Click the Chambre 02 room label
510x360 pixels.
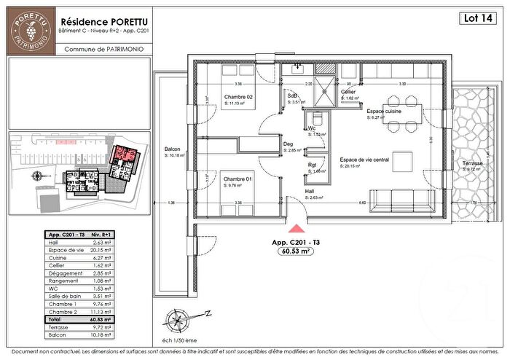click(x=238, y=98)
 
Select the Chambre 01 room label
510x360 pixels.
click(x=238, y=179)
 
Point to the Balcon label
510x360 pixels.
click(x=173, y=149)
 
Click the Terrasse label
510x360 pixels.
click(x=472, y=164)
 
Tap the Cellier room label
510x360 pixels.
click(x=348, y=93)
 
